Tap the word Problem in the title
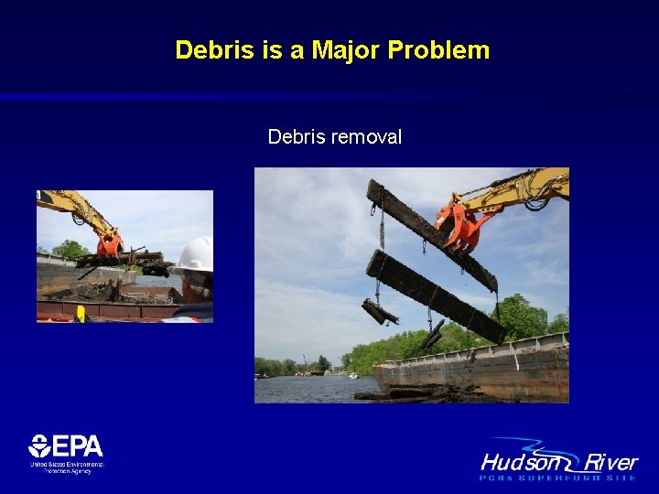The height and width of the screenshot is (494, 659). tap(438, 49)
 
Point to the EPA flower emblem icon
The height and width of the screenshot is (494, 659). tap(39, 446)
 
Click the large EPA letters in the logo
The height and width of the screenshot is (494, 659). tap(77, 446)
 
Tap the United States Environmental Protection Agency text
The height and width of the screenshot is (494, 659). tap(66, 467)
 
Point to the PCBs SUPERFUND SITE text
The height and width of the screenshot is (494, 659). tap(558, 477)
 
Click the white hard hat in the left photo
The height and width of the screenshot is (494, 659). tap(196, 254)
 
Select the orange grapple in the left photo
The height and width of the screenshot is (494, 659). tap(110, 245)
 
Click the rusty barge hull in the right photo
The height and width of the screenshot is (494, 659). tap(476, 371)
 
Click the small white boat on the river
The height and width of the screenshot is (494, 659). tap(351, 374)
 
